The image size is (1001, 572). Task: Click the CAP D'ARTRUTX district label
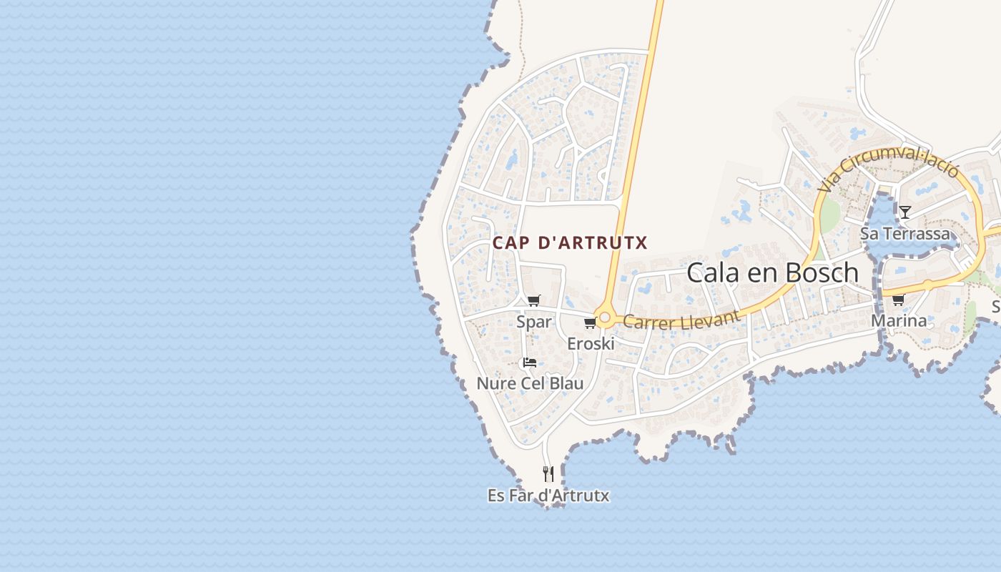coord(570,243)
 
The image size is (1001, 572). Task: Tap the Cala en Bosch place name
coord(772,272)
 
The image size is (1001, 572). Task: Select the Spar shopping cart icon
coord(534,300)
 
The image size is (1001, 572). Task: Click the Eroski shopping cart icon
coord(590,323)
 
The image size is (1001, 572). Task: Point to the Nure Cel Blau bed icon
coord(530,363)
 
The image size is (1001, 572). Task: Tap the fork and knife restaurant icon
coord(548,473)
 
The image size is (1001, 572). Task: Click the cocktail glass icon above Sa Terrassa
coord(904,212)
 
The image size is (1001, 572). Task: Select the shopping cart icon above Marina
coord(898,300)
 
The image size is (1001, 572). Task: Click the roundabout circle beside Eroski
coord(605,317)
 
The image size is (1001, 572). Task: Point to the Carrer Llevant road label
coord(681,319)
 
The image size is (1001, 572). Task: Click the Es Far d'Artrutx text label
coord(548,495)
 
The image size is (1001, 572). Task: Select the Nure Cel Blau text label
coord(530,383)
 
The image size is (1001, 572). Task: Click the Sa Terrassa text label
coord(905,234)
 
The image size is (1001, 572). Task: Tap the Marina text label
coord(899,321)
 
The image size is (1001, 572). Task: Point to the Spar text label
coord(534,322)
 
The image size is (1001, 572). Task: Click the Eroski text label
coord(591,344)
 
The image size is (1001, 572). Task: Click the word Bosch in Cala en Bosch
coord(822,272)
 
